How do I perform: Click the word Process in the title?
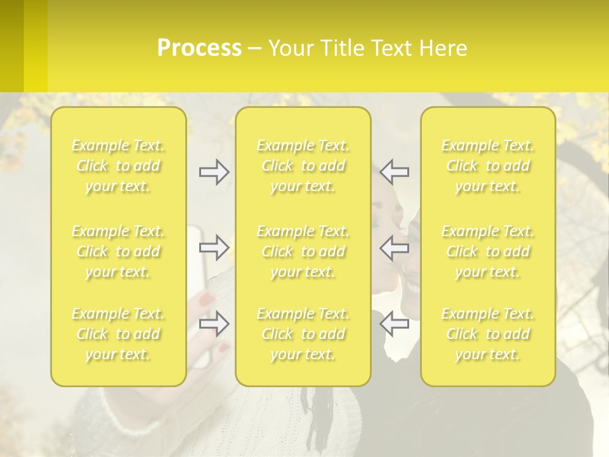199,48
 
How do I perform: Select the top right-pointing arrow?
214,171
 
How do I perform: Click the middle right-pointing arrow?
214,247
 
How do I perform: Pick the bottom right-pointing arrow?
214,323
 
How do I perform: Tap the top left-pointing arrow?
394,171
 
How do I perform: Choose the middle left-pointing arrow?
394,247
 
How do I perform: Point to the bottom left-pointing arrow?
394,323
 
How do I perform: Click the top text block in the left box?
118,166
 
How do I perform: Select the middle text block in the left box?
118,251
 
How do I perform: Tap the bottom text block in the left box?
118,334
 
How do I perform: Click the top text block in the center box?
303,166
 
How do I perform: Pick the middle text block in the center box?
303,251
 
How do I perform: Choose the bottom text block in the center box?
303,334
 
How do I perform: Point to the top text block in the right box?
488,166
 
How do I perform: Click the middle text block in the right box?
488,251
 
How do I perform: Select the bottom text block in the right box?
488,334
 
